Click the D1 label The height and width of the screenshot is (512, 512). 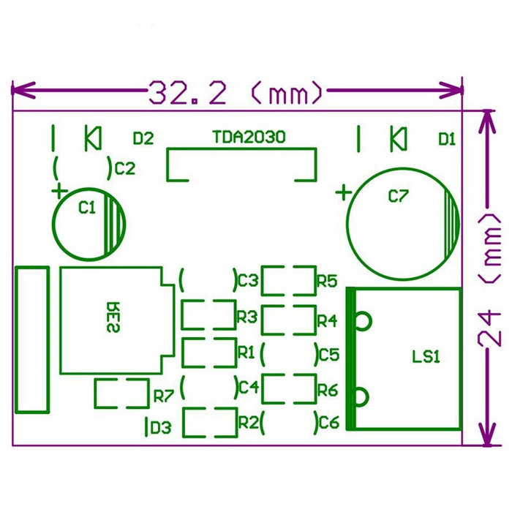point(447,138)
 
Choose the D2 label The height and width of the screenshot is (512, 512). point(143,138)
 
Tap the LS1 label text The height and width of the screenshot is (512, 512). point(426,358)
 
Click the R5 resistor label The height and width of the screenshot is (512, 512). point(326,280)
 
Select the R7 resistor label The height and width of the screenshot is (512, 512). point(163,396)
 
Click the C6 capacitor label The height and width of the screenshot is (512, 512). point(329,423)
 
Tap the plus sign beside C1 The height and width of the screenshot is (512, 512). point(59,192)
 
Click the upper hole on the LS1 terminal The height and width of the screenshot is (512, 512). point(361,320)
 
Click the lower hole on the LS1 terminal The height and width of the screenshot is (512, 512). point(361,396)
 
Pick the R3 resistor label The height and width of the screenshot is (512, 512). point(246,317)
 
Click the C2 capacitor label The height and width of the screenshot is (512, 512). point(125,168)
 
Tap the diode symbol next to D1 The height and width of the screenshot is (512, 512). point(398,138)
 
